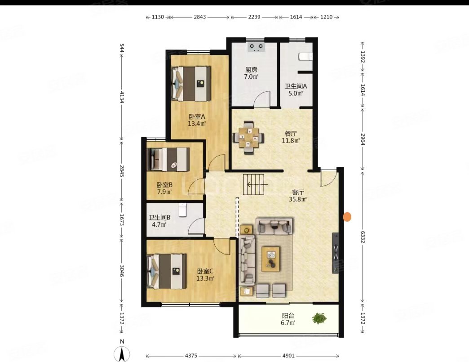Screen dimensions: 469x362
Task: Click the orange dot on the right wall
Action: (347, 217)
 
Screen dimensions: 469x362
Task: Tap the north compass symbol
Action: (122, 353)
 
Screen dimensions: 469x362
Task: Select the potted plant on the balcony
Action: (319, 318)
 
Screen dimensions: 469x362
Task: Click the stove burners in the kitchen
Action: (257, 47)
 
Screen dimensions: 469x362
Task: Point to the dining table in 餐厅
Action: (248, 138)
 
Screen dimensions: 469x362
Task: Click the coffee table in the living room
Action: (271, 259)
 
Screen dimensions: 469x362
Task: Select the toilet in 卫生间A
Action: (306, 56)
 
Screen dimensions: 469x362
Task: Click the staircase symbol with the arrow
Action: (254, 184)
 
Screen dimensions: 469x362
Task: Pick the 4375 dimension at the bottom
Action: (191, 356)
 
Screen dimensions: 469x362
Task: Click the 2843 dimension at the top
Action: (200, 17)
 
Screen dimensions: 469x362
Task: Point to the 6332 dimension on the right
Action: (363, 237)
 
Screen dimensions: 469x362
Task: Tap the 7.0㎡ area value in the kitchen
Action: (251, 76)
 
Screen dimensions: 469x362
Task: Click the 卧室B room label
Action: (164, 185)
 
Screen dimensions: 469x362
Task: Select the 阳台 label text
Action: (288, 316)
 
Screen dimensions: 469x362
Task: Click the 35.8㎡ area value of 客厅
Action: (298, 199)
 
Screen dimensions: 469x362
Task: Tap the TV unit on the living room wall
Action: (336, 253)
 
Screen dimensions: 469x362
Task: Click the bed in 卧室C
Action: (167, 272)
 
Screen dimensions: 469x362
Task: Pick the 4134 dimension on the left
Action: (122, 97)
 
